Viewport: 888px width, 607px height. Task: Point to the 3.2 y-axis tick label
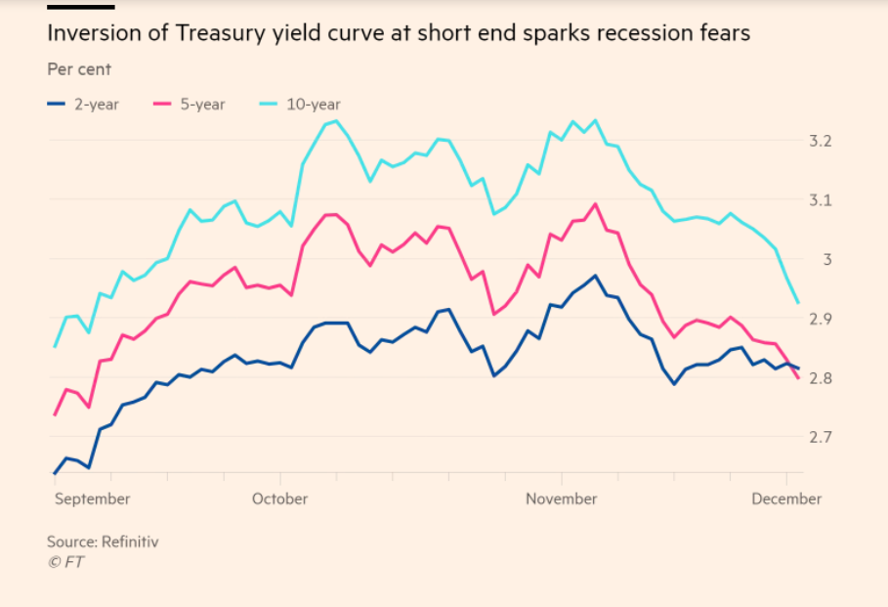pos(822,141)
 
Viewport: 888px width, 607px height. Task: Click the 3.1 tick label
pos(822,200)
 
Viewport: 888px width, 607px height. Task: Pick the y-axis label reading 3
pos(826,259)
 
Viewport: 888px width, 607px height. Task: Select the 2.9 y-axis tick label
pos(822,319)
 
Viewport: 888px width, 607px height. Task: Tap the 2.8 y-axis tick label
pos(822,377)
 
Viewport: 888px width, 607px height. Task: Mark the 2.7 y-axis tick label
pos(822,436)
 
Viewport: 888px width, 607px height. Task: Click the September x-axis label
pos(92,499)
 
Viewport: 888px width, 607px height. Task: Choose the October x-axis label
pos(279,499)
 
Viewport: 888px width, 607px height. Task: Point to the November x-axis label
pos(561,499)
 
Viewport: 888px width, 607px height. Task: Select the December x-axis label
pos(786,499)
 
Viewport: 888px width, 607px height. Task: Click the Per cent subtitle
pos(79,69)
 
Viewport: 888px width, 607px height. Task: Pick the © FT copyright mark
pos(64,561)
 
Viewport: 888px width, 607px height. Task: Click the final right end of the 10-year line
pos(798,302)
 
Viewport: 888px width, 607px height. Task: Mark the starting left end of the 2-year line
pos(55,473)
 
